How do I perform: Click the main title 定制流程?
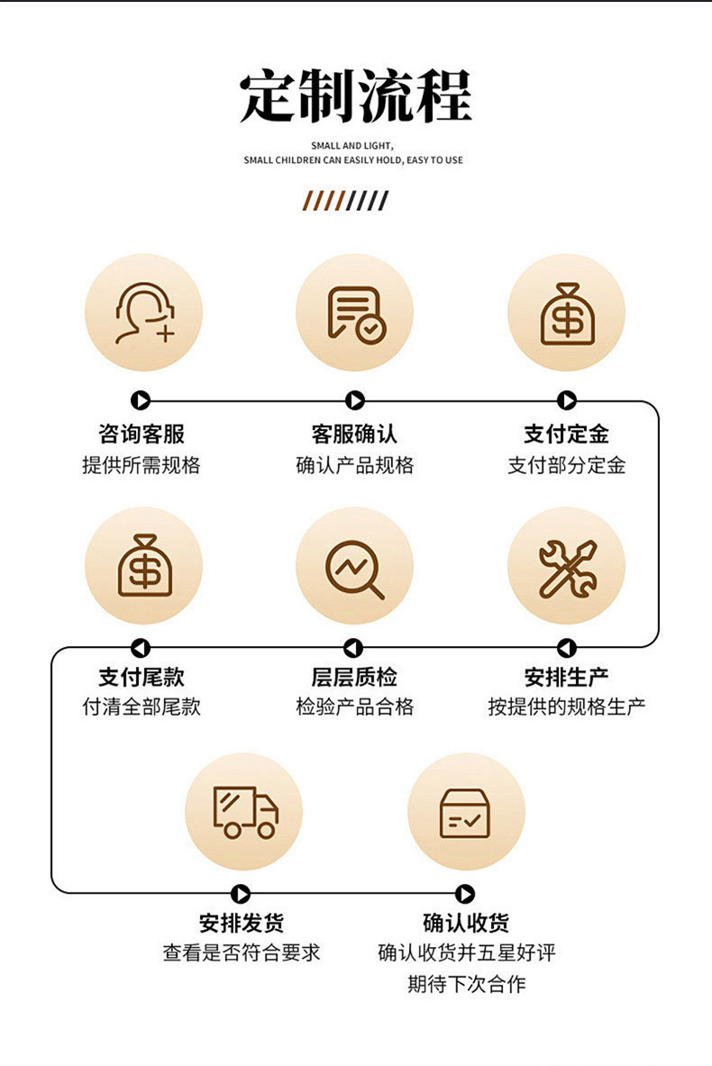click(355, 96)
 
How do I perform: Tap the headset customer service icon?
click(143, 313)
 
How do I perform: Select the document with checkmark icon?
click(355, 313)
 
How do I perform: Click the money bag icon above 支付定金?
click(566, 313)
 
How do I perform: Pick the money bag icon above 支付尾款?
click(143, 566)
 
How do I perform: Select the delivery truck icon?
click(244, 812)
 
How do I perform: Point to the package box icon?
click(465, 812)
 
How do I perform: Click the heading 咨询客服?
click(141, 434)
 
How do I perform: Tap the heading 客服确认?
click(354, 434)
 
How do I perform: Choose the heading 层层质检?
click(354, 677)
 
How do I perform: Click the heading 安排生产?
click(567, 677)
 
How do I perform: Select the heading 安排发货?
click(242, 923)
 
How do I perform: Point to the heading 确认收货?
click(466, 923)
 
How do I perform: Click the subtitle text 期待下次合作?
click(466, 983)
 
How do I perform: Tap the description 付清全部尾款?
click(141, 706)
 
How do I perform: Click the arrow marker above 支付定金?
click(567, 401)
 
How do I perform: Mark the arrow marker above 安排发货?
click(241, 894)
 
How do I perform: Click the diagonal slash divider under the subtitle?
click(345, 201)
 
